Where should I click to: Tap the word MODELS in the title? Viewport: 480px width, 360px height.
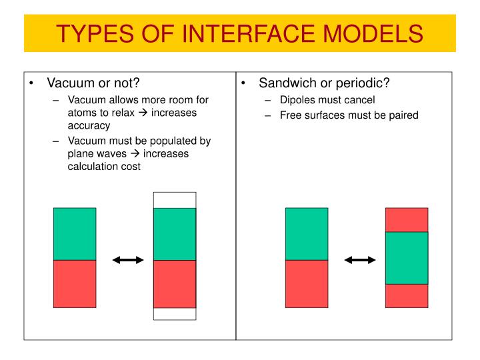point(374,32)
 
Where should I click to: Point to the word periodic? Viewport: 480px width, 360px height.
point(362,83)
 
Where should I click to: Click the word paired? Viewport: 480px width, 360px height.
point(401,115)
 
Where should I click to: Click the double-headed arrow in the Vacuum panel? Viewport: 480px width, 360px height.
point(128,260)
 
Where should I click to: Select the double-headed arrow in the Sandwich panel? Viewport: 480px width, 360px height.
point(360,260)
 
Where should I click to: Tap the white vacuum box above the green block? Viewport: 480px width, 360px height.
point(175,200)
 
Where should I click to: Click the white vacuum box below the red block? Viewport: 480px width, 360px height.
point(175,314)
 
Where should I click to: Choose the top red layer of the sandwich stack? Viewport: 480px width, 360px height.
point(407,219)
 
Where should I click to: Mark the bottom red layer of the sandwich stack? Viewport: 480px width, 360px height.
point(407,296)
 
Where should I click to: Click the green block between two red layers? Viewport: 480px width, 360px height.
point(407,258)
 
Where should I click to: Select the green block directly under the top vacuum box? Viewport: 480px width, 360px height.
point(175,234)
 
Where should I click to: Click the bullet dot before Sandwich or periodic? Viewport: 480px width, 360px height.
point(244,83)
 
